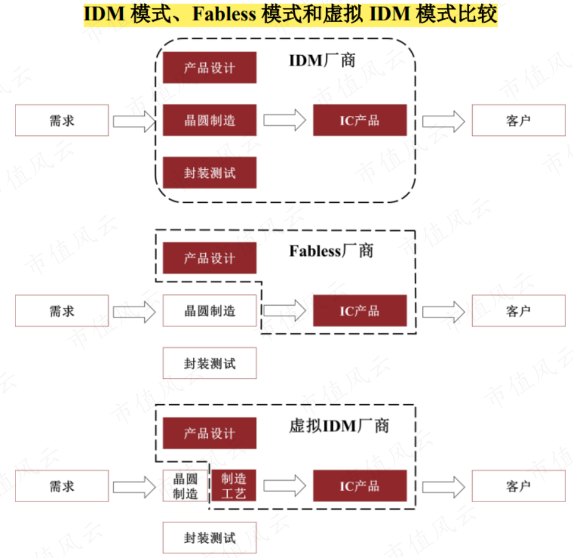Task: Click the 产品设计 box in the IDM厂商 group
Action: click(209, 68)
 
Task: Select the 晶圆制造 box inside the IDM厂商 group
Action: click(209, 121)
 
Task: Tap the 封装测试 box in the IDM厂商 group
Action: click(209, 173)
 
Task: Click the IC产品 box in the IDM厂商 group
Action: click(359, 121)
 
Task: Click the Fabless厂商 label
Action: click(331, 251)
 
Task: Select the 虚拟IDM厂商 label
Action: click(339, 426)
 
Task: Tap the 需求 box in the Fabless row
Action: click(62, 311)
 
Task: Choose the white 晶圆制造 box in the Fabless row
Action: click(209, 311)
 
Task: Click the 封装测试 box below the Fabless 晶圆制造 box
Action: click(209, 363)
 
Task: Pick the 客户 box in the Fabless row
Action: click(518, 311)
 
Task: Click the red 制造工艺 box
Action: click(233, 486)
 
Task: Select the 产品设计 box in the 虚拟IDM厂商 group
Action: click(209, 433)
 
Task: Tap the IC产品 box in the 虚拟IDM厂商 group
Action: click(359, 486)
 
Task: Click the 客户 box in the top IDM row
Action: click(518, 121)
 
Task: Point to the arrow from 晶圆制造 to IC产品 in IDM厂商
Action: click(285, 121)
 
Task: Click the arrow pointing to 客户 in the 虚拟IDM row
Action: click(444, 486)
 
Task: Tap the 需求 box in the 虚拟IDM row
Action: click(62, 486)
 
